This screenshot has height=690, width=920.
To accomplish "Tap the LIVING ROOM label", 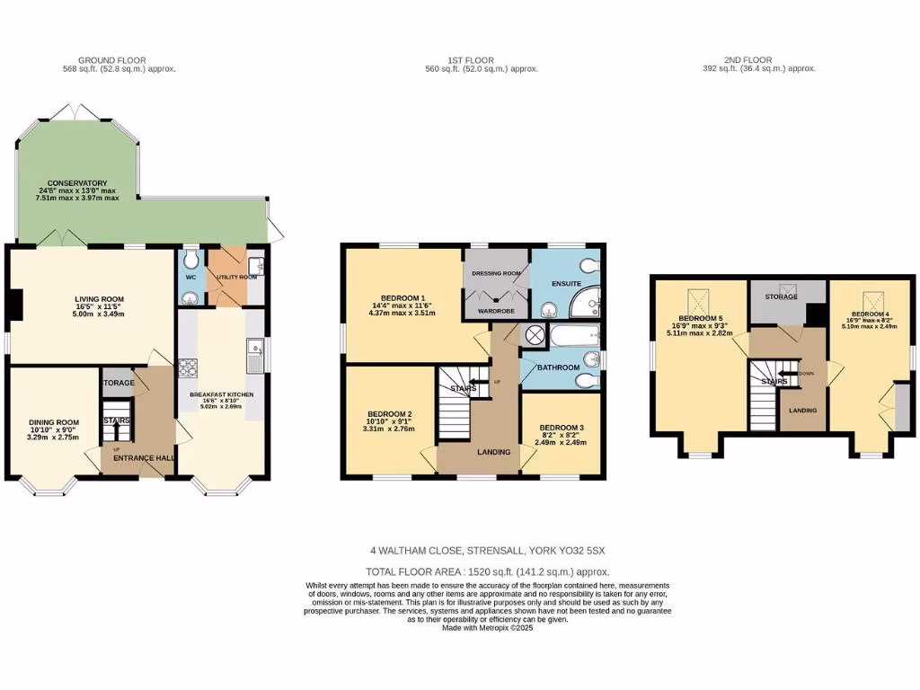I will (x=99, y=299).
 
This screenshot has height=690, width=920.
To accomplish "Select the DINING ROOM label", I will (x=54, y=422).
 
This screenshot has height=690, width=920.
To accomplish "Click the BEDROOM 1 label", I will (x=403, y=298).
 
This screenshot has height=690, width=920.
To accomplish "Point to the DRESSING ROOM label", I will (x=498, y=273).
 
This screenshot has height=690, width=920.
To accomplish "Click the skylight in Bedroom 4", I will (x=871, y=300).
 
